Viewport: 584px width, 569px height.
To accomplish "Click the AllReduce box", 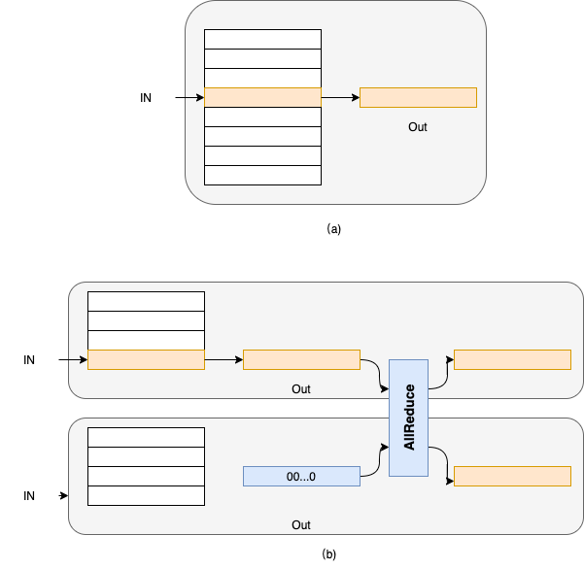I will pos(408,418).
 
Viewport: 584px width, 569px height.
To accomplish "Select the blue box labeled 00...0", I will pos(300,476).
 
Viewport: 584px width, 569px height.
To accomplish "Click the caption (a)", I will pos(334,229).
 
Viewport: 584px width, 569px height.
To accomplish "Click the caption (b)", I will pos(329,554).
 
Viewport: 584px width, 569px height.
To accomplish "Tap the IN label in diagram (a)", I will pos(146,98).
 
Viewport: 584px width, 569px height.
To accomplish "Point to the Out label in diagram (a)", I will pos(417,127).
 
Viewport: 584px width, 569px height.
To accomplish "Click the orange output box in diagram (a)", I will pos(418,97).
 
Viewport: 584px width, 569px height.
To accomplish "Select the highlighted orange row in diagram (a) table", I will pos(262,97).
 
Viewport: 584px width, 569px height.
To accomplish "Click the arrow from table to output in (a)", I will pos(340,97).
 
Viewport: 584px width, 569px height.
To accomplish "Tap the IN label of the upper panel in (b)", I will pos(29,360).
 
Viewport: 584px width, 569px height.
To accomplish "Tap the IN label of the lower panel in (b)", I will pos(29,496).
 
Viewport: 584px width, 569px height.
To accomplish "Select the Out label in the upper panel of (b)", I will pos(301,389).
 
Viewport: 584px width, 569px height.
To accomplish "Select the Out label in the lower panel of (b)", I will pos(301,525).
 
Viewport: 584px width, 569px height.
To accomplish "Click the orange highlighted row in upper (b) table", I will pos(146,360).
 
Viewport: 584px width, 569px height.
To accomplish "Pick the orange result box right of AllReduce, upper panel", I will pos(512,360).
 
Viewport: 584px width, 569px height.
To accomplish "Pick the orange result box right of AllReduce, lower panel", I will pos(512,477).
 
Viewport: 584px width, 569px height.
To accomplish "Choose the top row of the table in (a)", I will pos(262,39).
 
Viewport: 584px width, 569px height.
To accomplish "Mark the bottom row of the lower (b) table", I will pos(146,495).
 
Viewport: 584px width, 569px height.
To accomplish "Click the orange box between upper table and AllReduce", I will pos(301,360).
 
